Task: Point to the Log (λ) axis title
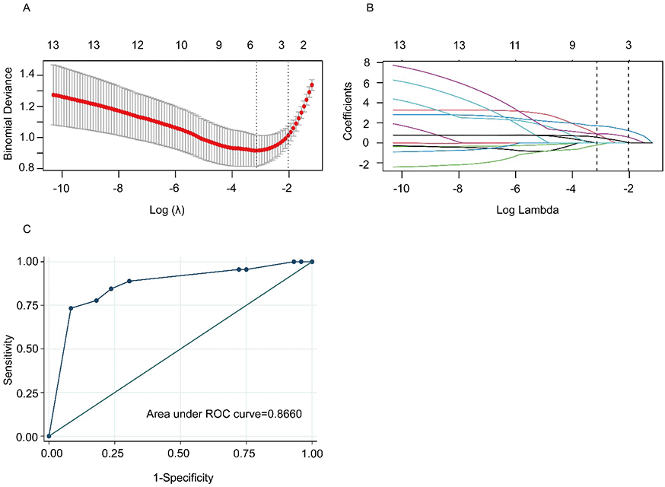click(x=174, y=209)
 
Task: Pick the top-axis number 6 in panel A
click(x=250, y=45)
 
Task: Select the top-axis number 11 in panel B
click(x=515, y=45)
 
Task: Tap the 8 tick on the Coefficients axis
click(x=367, y=62)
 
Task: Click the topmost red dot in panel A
click(x=311, y=84)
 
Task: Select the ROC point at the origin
click(x=49, y=436)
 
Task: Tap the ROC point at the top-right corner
click(x=312, y=261)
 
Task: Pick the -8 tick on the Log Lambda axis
click(x=458, y=189)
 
